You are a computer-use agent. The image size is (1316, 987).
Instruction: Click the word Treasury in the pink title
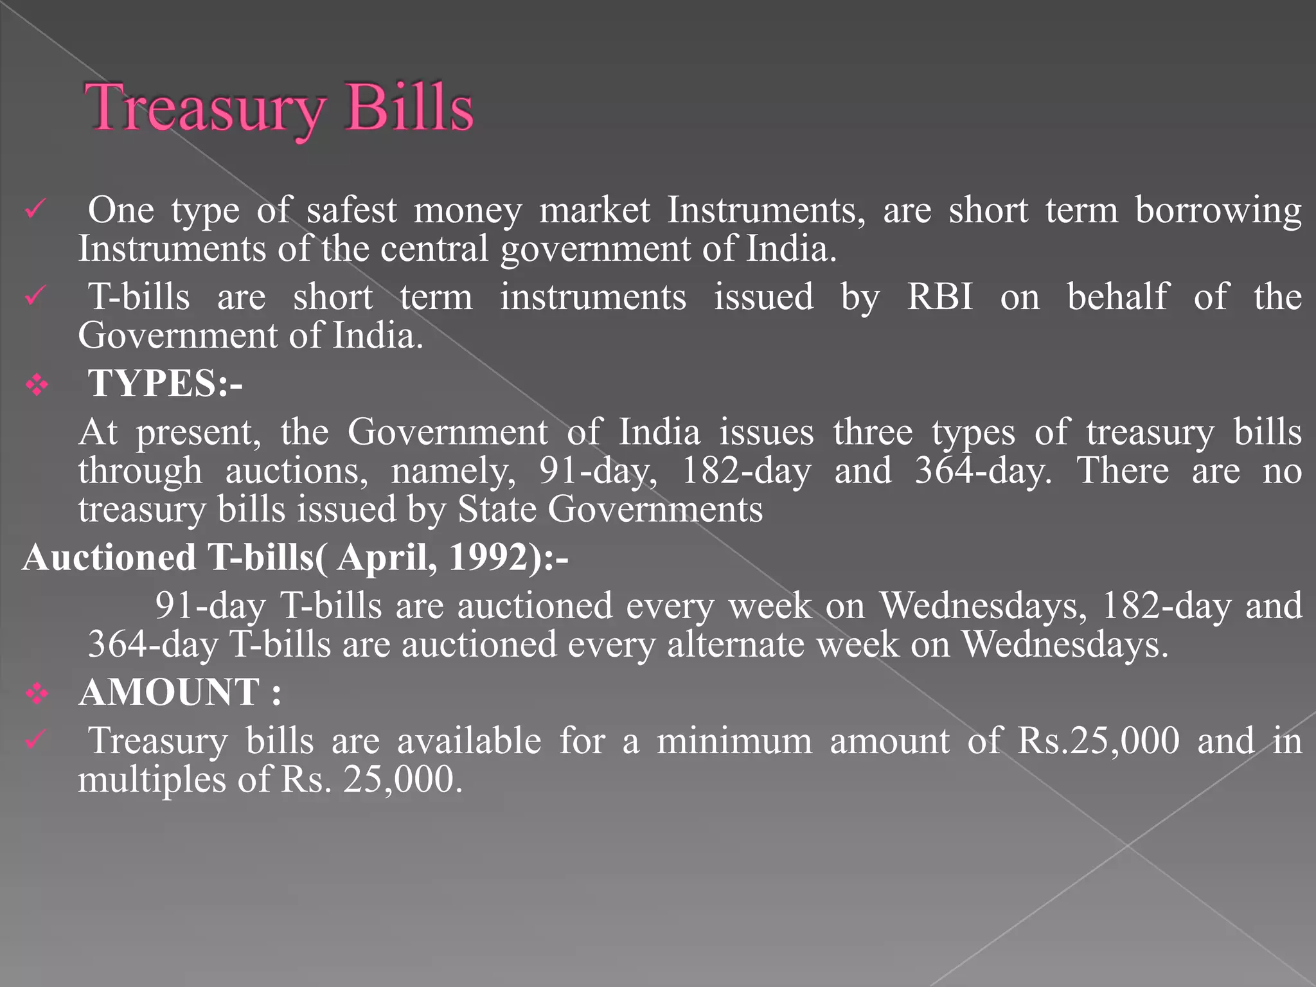coord(204,108)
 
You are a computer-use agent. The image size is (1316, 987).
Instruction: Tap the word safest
coord(351,210)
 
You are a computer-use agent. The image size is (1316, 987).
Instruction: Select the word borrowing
coord(1218,210)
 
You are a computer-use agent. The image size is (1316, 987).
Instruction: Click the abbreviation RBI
coord(939,297)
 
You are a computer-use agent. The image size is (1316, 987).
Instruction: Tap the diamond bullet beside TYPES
coord(37,385)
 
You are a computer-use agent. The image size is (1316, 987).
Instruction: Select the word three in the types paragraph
coord(873,432)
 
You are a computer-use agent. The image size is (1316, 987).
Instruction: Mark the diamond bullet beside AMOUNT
coord(37,694)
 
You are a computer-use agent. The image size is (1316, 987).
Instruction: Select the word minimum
coord(734,741)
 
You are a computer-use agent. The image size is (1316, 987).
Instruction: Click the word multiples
coord(152,780)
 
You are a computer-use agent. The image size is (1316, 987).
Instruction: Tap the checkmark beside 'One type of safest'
coord(35,210)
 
